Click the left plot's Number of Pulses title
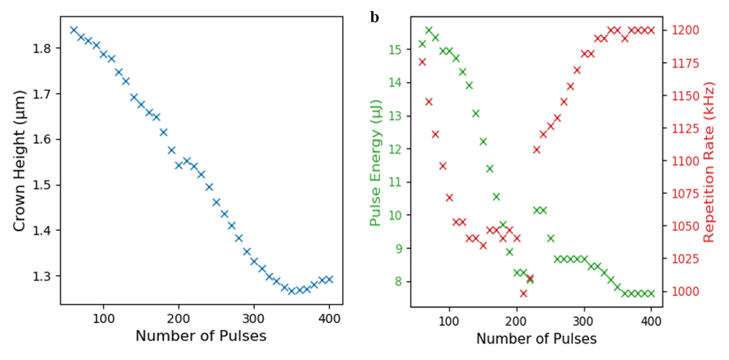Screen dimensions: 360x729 pyautogui.click(x=201, y=336)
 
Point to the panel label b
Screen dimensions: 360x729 pyautogui.click(x=374, y=16)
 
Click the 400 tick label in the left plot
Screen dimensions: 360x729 pyautogui.click(x=329, y=318)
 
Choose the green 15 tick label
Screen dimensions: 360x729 pyautogui.click(x=394, y=49)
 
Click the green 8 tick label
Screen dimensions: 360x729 pyautogui.click(x=397, y=282)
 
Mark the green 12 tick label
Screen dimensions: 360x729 pyautogui.click(x=394, y=149)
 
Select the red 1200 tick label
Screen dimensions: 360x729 pyautogui.click(x=683, y=31)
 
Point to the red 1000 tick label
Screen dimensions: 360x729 pyautogui.click(x=683, y=291)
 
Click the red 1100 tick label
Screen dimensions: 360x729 pyautogui.click(x=683, y=161)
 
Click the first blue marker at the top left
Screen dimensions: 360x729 pyautogui.click(x=73, y=30)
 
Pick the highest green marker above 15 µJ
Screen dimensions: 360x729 pyautogui.click(x=429, y=31)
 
